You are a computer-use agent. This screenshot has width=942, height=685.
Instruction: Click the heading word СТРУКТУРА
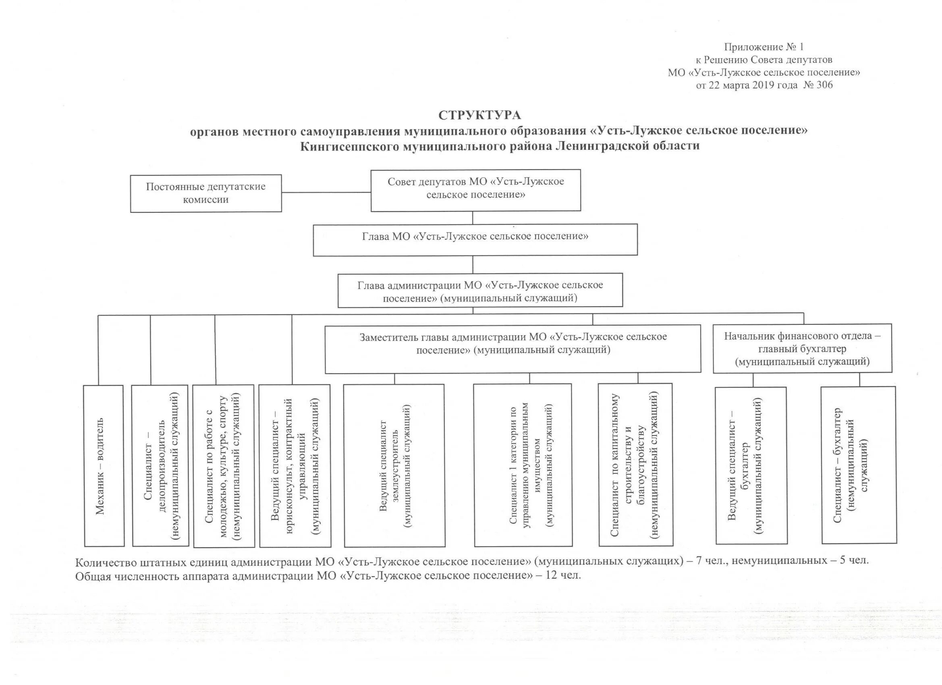480,115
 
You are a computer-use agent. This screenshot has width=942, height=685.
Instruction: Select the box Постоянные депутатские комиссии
205,193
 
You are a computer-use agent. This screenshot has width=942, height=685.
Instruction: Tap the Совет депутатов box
475,190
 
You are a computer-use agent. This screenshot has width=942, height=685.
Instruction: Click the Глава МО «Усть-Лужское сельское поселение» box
475,240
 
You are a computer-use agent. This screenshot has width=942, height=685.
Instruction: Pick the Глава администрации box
480,291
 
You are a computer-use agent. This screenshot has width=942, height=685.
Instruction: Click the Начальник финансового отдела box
802,348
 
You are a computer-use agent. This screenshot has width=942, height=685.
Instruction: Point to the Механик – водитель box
104,465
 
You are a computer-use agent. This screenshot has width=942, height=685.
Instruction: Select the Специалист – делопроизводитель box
160,465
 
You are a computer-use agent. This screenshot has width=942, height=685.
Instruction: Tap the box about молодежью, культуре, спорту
224,465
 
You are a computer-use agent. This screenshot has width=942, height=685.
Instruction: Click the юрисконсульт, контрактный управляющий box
295,465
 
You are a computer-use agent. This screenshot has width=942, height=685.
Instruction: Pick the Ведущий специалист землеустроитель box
394,465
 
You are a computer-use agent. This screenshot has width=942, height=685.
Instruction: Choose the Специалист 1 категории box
523,465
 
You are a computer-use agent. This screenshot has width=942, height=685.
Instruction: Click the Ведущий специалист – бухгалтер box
751,465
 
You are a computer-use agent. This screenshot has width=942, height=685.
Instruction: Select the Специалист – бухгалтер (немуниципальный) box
859,465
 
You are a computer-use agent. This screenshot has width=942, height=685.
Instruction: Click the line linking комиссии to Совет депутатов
326,192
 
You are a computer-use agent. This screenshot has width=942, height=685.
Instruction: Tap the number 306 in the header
824,85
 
